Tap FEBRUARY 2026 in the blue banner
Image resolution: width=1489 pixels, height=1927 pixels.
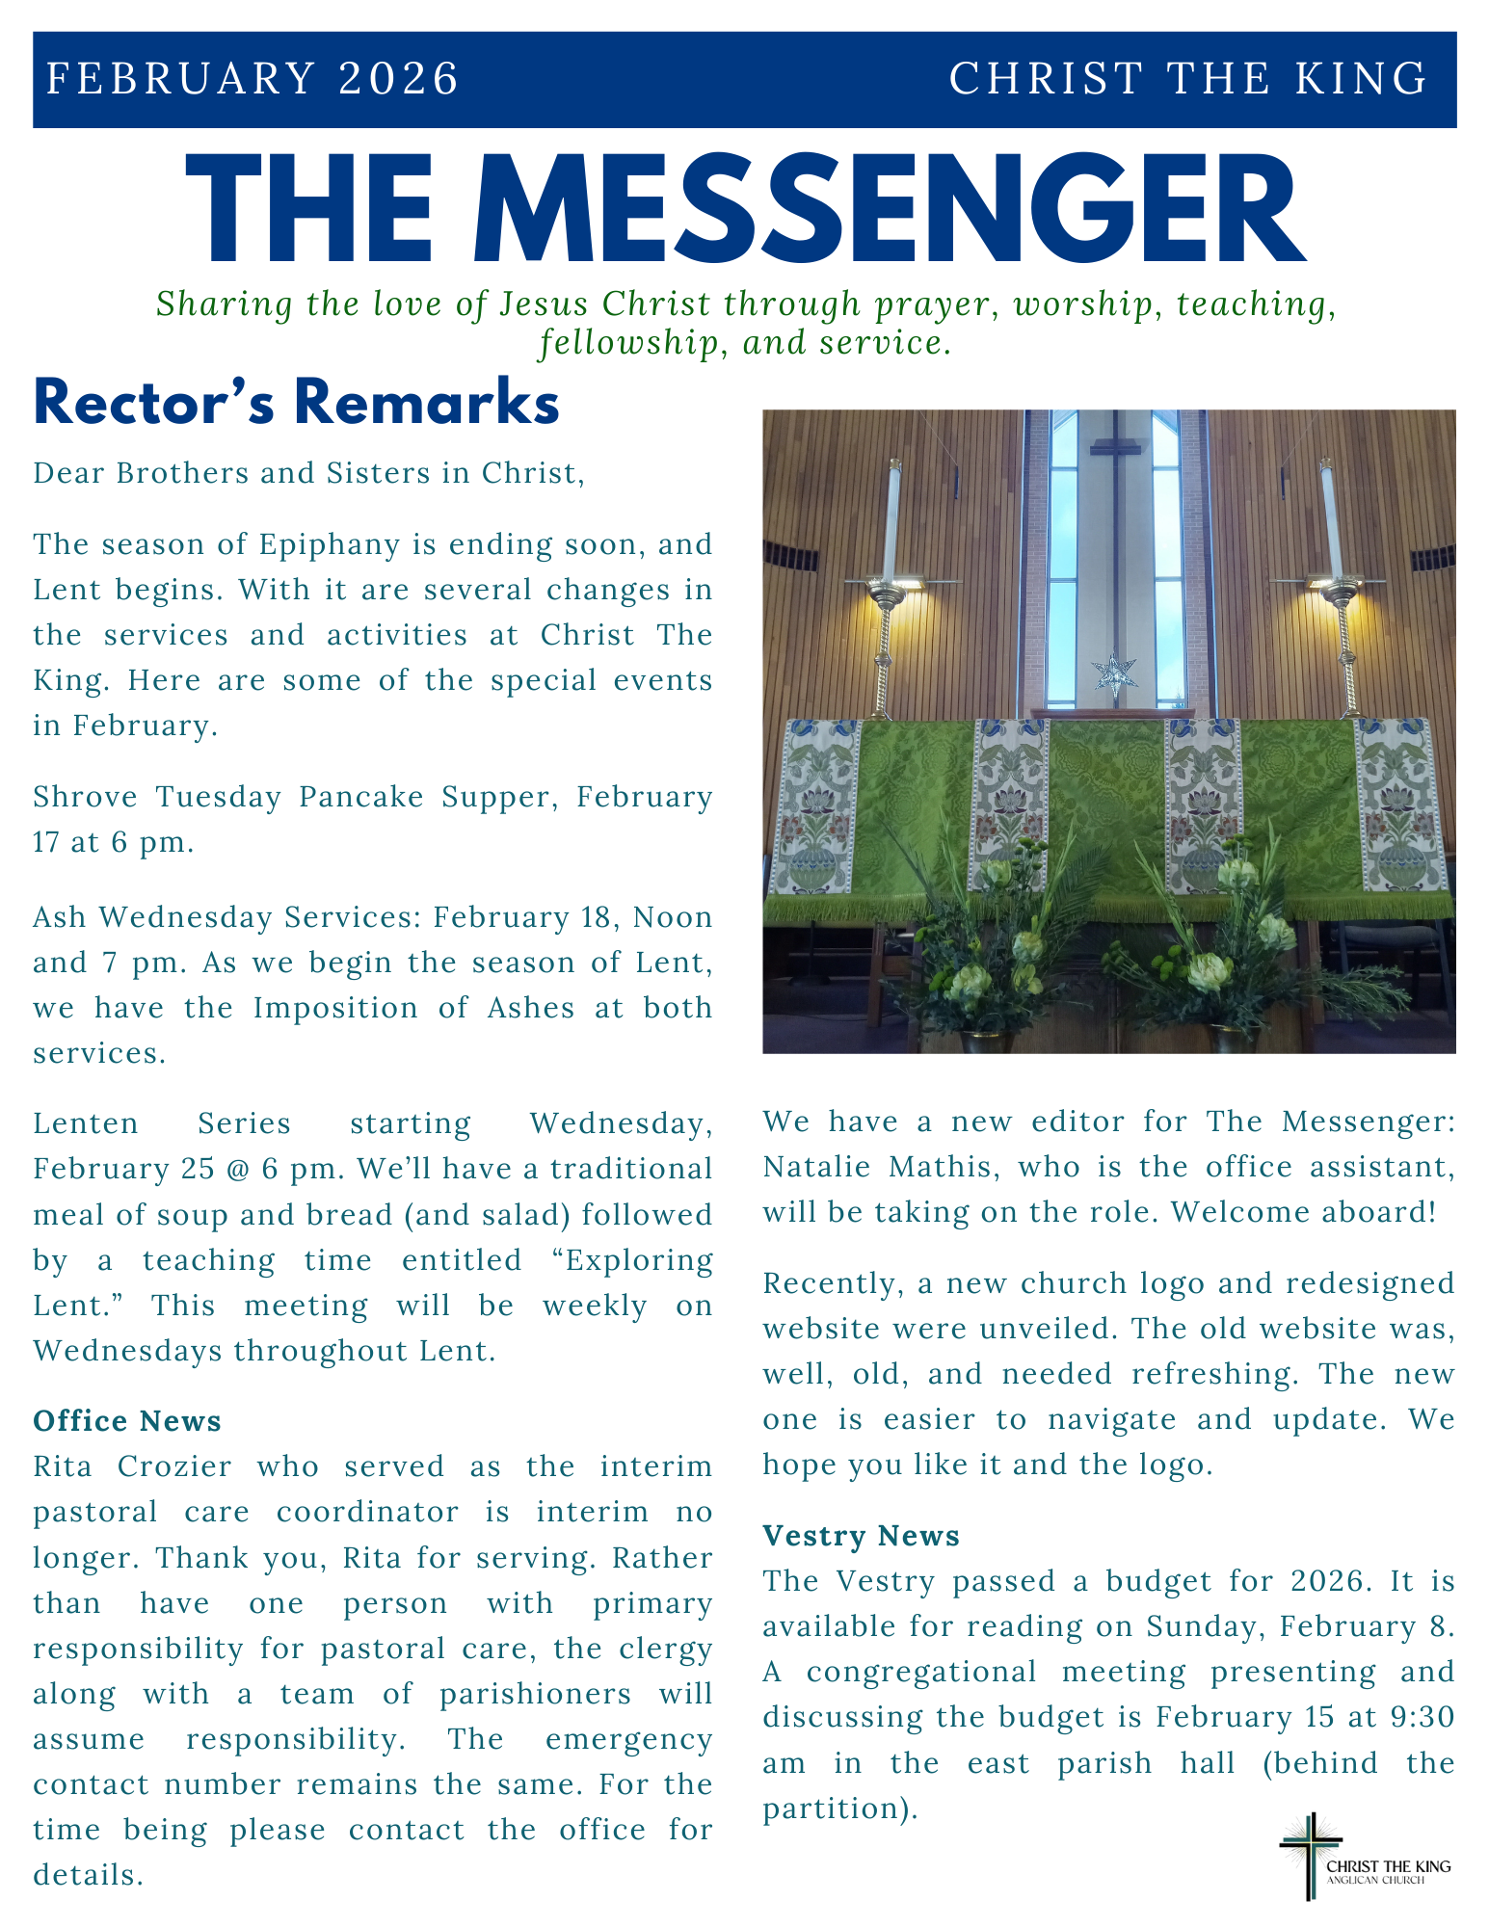pyautogui.click(x=253, y=79)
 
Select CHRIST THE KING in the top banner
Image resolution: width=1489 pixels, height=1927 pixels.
pyautogui.click(x=1187, y=79)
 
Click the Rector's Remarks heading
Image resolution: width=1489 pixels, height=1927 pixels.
pyautogui.click(x=296, y=404)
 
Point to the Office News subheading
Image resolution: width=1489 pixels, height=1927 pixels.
pyautogui.click(x=127, y=1421)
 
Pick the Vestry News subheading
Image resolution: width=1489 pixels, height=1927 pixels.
pyautogui.click(x=861, y=1535)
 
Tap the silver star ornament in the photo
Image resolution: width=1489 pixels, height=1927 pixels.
pyautogui.click(x=1115, y=675)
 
